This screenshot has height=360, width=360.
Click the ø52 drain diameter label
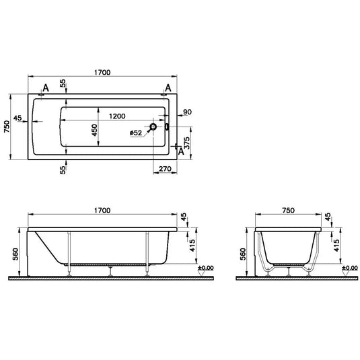click(137, 133)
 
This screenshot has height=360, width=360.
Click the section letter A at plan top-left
click(45, 88)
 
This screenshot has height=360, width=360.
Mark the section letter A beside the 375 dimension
click(181, 151)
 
